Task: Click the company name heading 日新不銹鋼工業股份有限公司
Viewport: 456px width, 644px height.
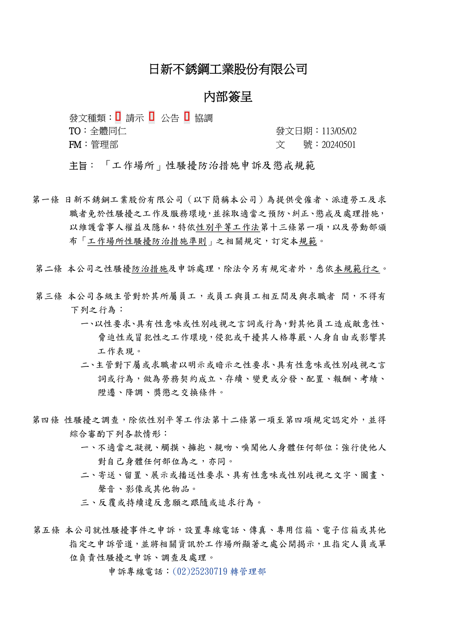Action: pyautogui.click(x=228, y=69)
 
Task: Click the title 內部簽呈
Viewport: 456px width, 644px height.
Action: pyautogui.click(x=228, y=97)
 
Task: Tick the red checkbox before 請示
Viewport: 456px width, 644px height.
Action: pyautogui.click(x=118, y=117)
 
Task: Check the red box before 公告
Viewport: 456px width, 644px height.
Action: pyautogui.click(x=152, y=117)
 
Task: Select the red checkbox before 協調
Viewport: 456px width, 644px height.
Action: pyautogui.click(x=187, y=117)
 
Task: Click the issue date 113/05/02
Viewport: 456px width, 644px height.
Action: pyautogui.click(x=339, y=131)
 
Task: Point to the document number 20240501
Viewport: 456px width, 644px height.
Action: pyautogui.click(x=338, y=145)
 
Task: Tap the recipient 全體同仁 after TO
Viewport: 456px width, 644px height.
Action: pyautogui.click(x=108, y=131)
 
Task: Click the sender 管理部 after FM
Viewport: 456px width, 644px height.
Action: pyautogui.click(x=105, y=145)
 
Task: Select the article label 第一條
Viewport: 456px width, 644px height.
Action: pyautogui.click(x=46, y=200)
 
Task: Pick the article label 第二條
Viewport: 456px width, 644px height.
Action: pyautogui.click(x=49, y=269)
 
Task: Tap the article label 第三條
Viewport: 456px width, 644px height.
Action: pyautogui.click(x=49, y=296)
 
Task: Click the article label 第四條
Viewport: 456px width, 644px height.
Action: pyautogui.click(x=46, y=420)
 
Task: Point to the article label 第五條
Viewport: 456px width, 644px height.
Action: pyautogui.click(x=47, y=530)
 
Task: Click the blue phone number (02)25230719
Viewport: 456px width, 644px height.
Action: pyautogui.click(x=200, y=572)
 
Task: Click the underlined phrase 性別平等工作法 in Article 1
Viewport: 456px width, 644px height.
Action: pyautogui.click(x=228, y=227)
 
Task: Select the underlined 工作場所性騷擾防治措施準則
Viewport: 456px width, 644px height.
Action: pyautogui.click(x=147, y=241)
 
